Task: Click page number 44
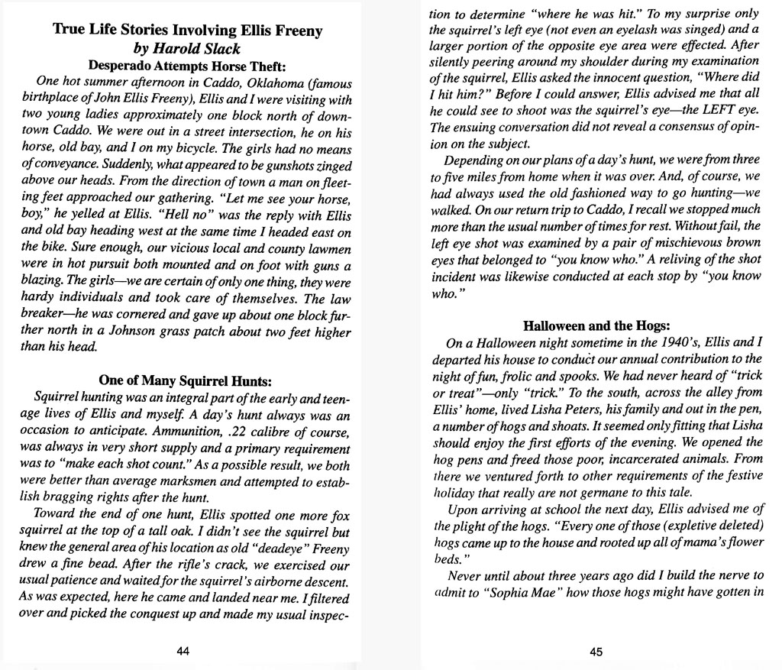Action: click(183, 651)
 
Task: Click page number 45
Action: click(596, 651)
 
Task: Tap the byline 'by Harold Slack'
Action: click(187, 48)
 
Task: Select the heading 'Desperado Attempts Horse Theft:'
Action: click(187, 65)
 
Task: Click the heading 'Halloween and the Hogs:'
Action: click(596, 326)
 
